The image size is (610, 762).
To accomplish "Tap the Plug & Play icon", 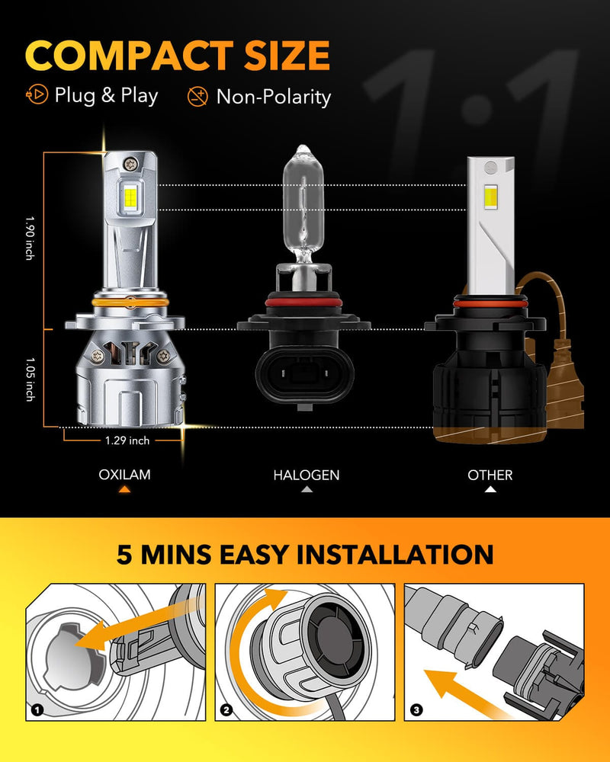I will (x=37, y=95).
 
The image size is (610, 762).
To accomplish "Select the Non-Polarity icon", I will (x=197, y=96).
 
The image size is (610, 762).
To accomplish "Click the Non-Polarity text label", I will (x=274, y=97).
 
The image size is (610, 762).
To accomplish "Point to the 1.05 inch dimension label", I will (x=29, y=379).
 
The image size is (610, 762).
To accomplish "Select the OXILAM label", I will (x=124, y=475).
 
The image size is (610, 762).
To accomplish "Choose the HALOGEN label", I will (x=307, y=475).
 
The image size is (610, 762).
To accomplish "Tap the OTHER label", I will (x=490, y=475).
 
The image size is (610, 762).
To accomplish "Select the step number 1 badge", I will (x=37, y=710).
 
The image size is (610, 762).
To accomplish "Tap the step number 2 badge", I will (x=226, y=710).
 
